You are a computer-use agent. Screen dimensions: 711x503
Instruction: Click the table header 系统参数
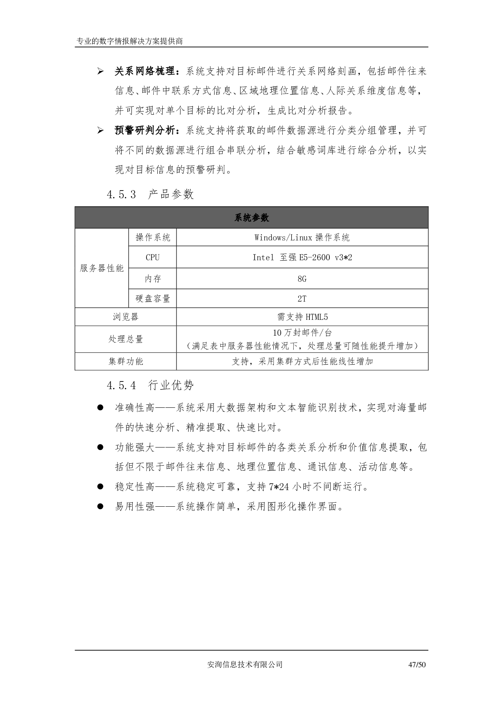(251, 218)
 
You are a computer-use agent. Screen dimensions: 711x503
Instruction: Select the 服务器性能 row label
(102, 268)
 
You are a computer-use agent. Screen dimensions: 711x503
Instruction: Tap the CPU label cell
(153, 257)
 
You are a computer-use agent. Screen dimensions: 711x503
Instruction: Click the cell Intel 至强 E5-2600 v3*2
(302, 257)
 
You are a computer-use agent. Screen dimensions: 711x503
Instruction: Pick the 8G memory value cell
(302, 279)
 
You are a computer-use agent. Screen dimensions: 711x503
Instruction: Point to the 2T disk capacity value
(302, 299)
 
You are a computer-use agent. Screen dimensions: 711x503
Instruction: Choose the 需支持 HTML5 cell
(302, 317)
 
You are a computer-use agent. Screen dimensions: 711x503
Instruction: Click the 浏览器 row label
(126, 317)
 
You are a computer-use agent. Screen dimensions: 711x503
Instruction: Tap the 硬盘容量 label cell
(153, 299)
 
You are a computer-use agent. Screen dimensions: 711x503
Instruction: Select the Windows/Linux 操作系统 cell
(302, 238)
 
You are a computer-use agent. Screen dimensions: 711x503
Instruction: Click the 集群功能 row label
(126, 361)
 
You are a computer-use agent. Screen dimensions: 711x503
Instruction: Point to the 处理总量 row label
(126, 339)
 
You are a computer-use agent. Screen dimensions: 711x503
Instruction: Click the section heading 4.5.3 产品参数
(150, 195)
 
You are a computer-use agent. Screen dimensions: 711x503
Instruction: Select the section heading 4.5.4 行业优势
(150, 385)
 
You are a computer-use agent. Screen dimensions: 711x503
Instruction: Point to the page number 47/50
(417, 665)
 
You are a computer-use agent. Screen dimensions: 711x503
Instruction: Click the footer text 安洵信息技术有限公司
(245, 665)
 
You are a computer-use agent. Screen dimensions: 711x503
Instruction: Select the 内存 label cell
(153, 279)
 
